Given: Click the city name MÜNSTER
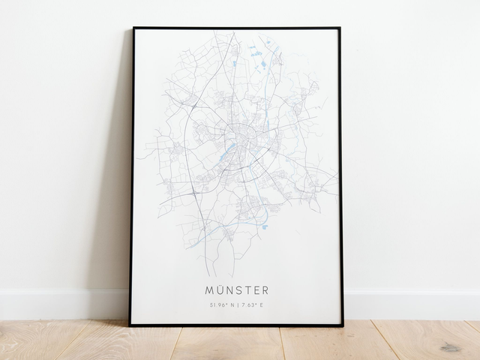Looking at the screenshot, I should pyautogui.click(x=236, y=289).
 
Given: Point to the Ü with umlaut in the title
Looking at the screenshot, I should pyautogui.click(x=219, y=289).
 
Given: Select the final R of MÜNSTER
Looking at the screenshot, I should pyautogui.click(x=264, y=289).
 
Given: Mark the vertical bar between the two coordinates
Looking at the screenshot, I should pyautogui.click(x=237, y=304).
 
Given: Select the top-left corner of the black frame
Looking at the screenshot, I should pyautogui.click(x=133, y=28).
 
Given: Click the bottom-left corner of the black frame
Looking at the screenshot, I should pyautogui.click(x=130, y=325).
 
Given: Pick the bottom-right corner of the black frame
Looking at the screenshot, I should pyautogui.click(x=343, y=325).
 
